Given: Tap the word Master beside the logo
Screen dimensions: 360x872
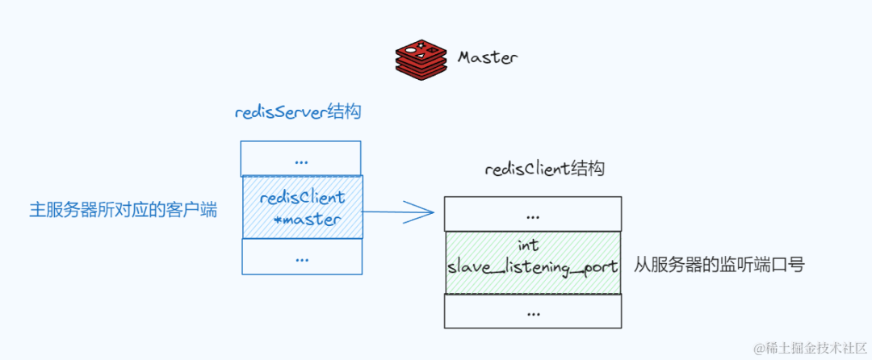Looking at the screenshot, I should coord(487,57).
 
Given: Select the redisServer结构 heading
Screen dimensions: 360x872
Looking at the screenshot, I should coord(298,113).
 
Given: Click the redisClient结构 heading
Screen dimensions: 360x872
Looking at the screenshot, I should coord(545,170).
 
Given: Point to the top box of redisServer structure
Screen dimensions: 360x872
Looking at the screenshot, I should coord(300,159).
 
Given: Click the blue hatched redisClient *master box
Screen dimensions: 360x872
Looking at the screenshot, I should coord(303,207).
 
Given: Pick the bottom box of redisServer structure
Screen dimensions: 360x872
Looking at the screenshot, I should coord(302,257).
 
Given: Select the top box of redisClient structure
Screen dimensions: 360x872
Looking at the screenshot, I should coord(533,215).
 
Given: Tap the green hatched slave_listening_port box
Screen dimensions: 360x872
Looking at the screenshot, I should coord(533,262).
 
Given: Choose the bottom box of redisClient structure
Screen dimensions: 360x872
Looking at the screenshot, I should coord(533,311).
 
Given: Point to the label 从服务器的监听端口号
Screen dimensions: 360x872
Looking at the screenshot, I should coord(719,265).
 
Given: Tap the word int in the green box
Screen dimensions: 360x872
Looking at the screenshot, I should coord(527,245).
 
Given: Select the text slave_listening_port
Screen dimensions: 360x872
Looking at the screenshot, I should coord(533,267).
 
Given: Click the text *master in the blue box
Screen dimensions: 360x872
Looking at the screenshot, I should coord(308,219).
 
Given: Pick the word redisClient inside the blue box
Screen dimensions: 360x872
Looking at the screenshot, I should coord(302,198).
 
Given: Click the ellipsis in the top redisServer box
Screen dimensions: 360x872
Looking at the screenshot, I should coord(301,160).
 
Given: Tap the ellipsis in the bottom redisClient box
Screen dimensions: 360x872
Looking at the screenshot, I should coord(533,312).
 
